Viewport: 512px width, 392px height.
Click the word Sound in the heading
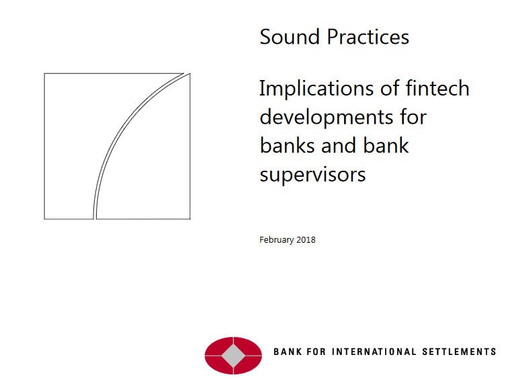click(290, 36)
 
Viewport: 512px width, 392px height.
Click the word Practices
click(368, 36)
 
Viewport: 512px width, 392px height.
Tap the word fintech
click(437, 88)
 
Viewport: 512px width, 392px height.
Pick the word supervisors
click(313, 175)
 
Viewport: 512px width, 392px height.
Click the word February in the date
click(277, 240)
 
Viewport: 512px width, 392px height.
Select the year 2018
click(306, 240)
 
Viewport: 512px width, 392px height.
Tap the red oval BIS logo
click(233, 356)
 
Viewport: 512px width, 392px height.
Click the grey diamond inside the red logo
click(233, 356)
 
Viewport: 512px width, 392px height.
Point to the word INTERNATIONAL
click(374, 352)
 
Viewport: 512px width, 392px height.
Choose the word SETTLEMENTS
click(459, 352)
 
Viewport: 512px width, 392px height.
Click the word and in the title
click(338, 145)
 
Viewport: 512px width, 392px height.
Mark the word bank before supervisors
click(386, 145)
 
